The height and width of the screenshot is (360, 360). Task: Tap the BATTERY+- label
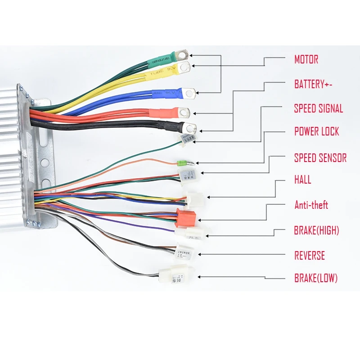(x=315, y=84)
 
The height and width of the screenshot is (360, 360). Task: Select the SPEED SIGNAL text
(x=319, y=108)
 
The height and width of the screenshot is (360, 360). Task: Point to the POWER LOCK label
(x=316, y=132)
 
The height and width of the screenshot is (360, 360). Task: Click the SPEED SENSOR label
(x=320, y=158)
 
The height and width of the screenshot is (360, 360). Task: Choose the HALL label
(x=302, y=180)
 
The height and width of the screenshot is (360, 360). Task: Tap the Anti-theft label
(x=311, y=205)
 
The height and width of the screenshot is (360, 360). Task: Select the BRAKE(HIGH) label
(x=316, y=231)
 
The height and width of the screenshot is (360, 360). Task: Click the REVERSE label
(x=310, y=256)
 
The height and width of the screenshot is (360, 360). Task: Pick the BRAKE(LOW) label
(x=316, y=278)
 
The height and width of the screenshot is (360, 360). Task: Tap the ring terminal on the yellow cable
(x=184, y=67)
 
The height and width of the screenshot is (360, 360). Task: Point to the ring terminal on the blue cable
(x=189, y=94)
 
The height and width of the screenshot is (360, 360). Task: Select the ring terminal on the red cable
(x=184, y=112)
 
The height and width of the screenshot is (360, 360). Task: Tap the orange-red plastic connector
(x=183, y=217)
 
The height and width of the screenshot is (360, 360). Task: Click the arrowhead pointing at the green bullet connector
(x=198, y=162)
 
